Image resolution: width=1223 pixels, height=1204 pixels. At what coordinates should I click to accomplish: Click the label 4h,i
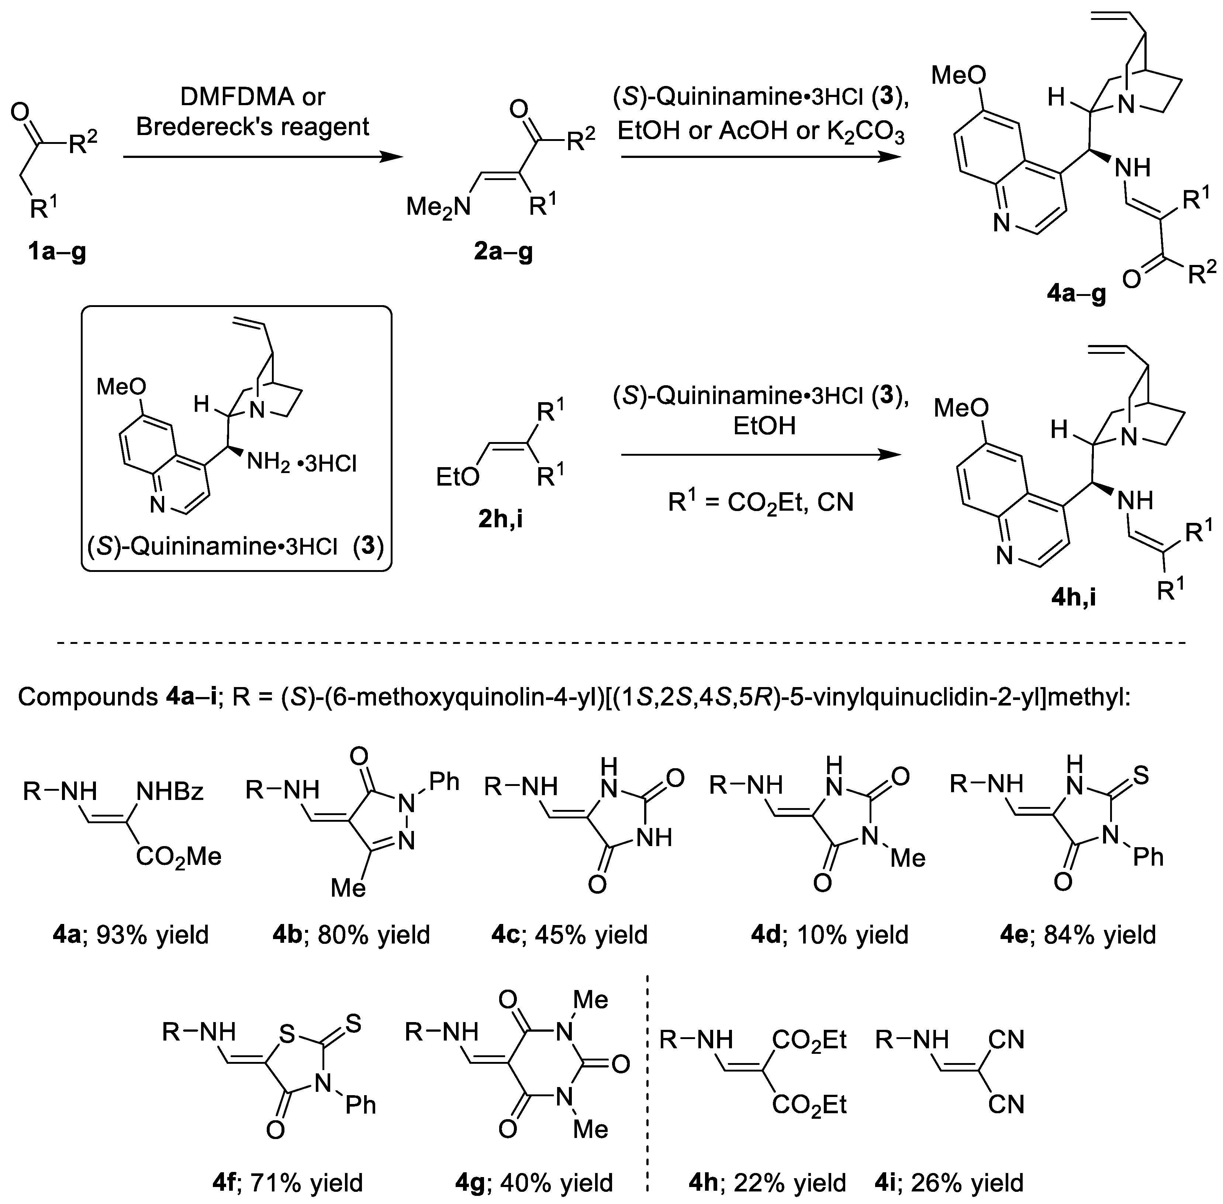point(1073,596)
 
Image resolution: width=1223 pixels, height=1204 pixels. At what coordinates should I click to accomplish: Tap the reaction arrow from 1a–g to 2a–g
point(262,158)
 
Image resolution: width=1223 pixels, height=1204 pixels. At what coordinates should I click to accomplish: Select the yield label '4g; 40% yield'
point(533,1183)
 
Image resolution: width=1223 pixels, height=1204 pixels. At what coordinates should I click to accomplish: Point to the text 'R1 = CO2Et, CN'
point(761,503)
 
